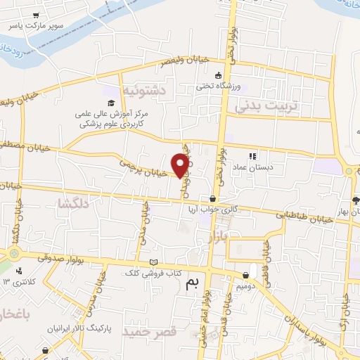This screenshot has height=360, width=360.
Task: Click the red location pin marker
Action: [x=181, y=165]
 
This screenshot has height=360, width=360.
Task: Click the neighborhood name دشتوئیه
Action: [x=142, y=91]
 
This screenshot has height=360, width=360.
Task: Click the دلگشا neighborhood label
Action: [x=73, y=203]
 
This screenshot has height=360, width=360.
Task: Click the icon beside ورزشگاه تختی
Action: [x=219, y=75]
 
